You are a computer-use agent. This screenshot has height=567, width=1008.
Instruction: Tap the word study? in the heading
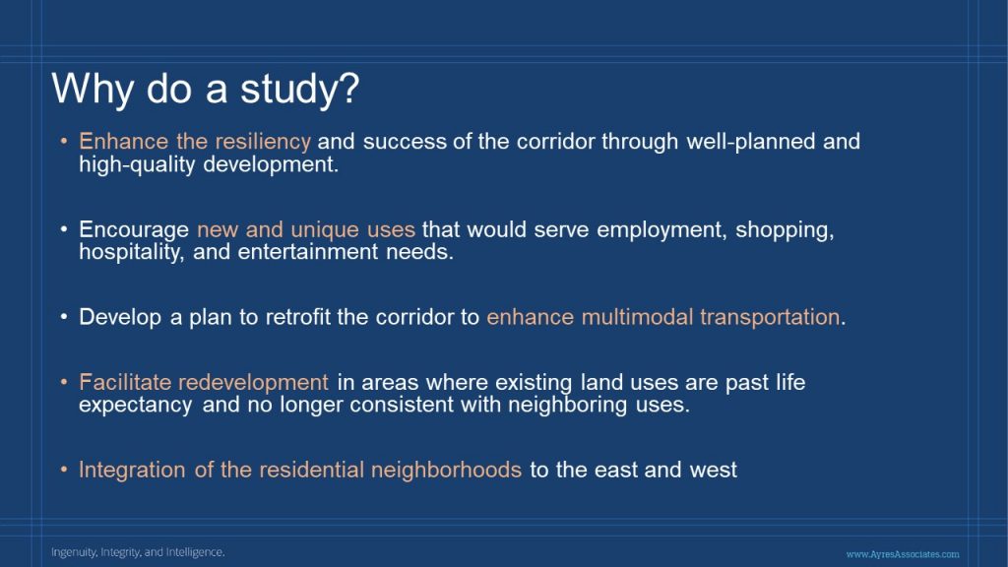click(299, 88)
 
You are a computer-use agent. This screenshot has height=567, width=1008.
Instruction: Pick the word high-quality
click(137, 165)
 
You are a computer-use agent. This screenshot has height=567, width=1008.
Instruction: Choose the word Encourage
click(134, 230)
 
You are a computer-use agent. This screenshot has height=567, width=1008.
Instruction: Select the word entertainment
click(308, 252)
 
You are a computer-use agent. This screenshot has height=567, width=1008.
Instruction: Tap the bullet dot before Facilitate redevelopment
click(64, 382)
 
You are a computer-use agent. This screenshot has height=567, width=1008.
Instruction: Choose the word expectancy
click(136, 406)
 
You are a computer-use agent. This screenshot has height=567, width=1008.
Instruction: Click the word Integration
click(133, 470)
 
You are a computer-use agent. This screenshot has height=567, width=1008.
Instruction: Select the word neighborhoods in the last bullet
click(446, 470)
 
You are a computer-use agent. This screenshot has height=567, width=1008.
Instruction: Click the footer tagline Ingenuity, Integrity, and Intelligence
click(138, 552)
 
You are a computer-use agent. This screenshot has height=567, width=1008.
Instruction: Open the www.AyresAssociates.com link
click(903, 554)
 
